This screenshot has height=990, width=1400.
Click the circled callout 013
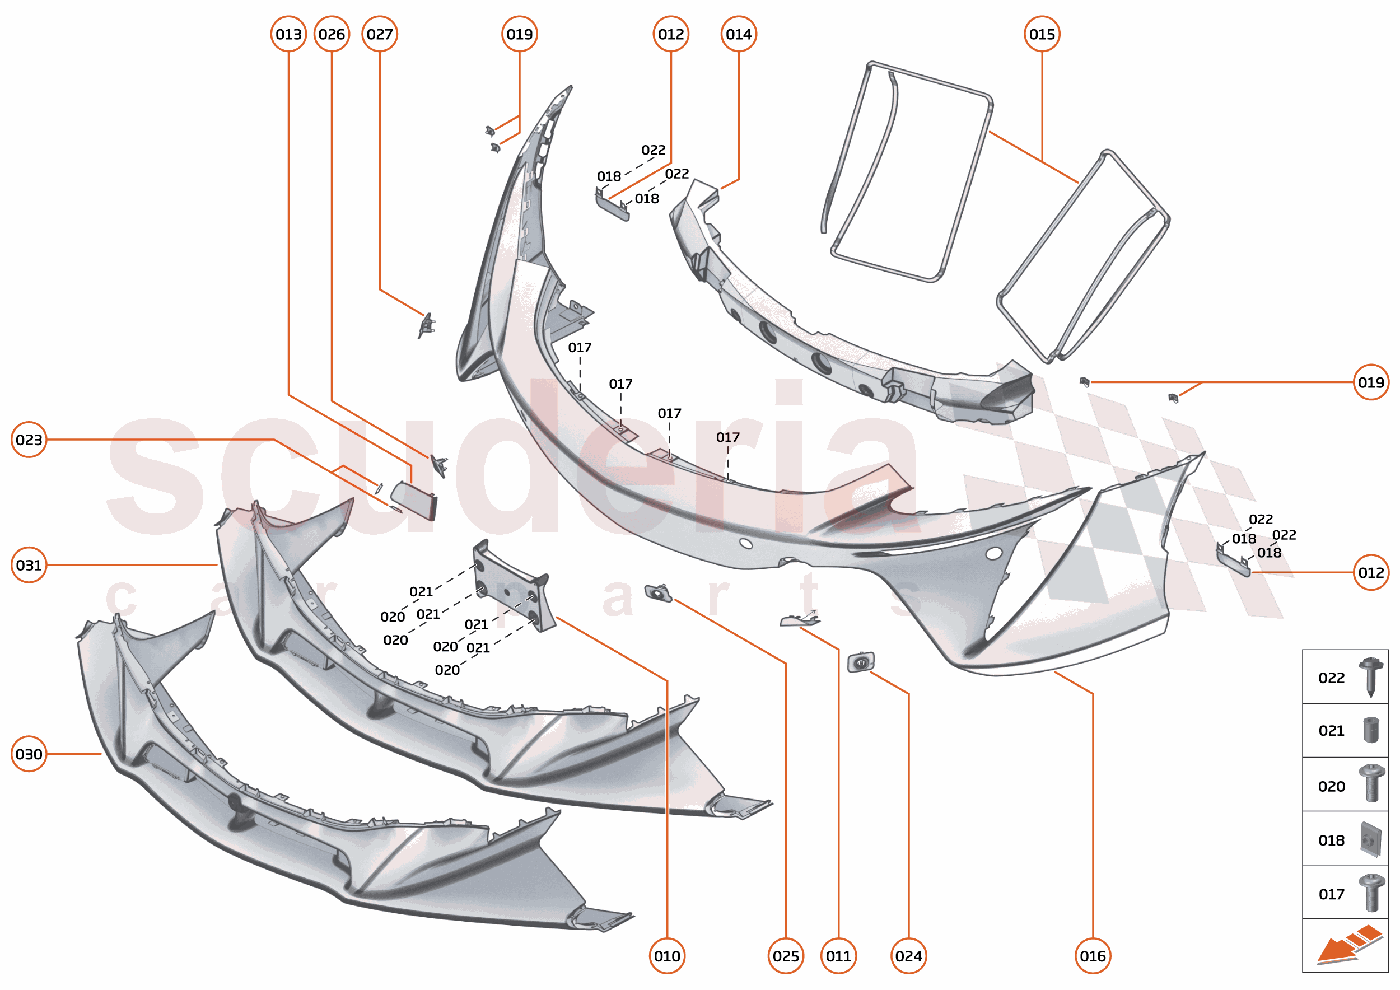[288, 34]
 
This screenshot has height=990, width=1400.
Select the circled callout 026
[332, 34]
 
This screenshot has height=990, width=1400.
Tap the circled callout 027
[380, 34]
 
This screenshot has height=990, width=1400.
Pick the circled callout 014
[739, 34]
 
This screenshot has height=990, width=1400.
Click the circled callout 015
[1042, 34]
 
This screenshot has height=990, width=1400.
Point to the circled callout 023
[29, 440]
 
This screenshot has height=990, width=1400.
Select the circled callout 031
[29, 565]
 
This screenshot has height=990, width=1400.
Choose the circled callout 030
[29, 754]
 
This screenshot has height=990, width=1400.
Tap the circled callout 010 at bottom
[667, 956]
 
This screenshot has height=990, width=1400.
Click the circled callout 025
[785, 956]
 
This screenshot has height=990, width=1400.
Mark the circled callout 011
[838, 956]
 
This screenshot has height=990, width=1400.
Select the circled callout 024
[908, 956]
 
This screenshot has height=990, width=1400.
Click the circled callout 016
[1093, 956]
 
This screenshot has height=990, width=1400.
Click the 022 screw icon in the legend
[1371, 676]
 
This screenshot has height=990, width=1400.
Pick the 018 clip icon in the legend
[1370, 839]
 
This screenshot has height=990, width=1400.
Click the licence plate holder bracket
[514, 585]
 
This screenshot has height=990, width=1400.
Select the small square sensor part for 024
[861, 662]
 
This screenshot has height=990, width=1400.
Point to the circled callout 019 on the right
[1371, 382]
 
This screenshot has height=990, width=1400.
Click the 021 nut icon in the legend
[1371, 730]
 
